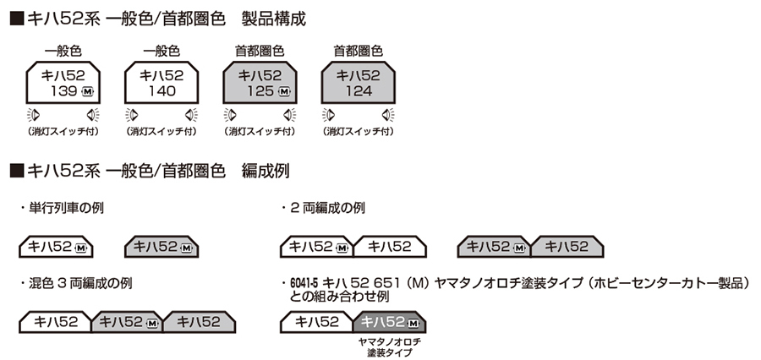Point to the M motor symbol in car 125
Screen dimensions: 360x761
[283, 91]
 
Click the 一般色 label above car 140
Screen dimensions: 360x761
[162, 51]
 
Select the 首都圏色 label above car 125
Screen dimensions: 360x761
[260, 51]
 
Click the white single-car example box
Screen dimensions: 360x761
[56, 247]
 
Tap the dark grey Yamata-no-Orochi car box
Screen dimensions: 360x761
[391, 322]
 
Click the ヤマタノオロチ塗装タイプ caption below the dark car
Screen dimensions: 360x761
[390, 346]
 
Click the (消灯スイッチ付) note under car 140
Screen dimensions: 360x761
[162, 133]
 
